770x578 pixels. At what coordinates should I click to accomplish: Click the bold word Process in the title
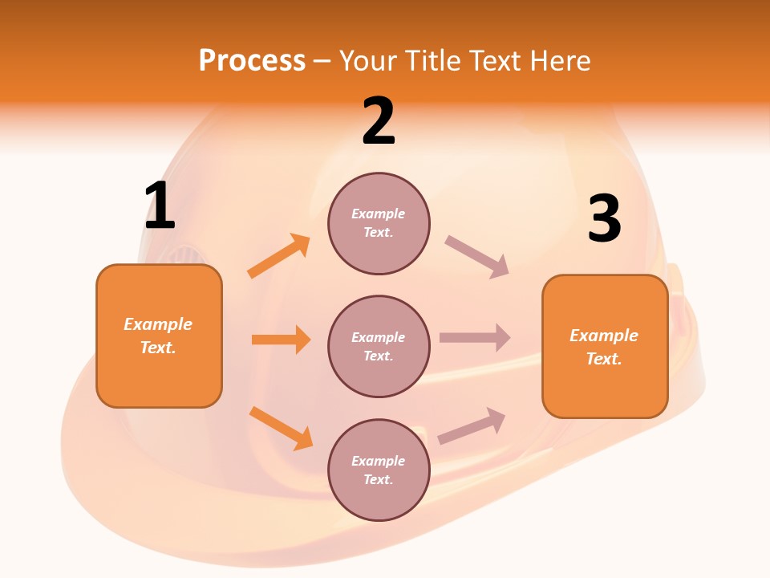point(252,60)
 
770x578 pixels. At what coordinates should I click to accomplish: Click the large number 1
point(160,206)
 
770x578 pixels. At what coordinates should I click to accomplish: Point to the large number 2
point(379,122)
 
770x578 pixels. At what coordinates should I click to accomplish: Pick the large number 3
point(604,218)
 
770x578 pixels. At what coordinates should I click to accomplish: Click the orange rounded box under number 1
point(159,336)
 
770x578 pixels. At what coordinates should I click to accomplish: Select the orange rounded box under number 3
point(605,347)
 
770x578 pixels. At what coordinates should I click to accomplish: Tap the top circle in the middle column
point(379,223)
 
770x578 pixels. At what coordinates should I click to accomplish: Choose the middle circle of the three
point(379,346)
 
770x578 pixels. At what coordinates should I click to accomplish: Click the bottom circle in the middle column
point(379,470)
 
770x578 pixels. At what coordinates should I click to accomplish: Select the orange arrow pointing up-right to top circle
point(279,255)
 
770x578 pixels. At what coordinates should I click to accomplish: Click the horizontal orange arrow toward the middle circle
point(281,340)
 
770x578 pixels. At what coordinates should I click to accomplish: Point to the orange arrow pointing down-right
point(281,428)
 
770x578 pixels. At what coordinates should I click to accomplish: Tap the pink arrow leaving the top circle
point(477,256)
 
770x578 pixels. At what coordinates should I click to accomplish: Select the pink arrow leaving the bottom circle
point(472,425)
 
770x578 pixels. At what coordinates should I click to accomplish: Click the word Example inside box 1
point(158,324)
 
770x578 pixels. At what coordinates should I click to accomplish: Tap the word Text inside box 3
point(603,359)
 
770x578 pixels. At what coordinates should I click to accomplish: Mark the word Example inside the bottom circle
point(379,461)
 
